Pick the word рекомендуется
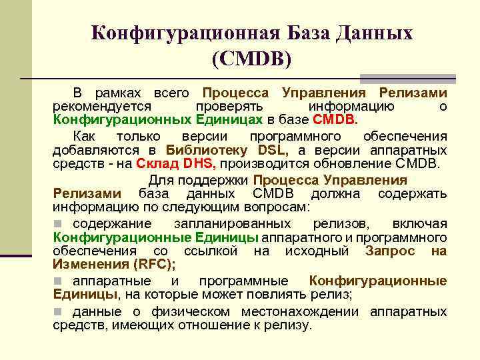click(x=103, y=107)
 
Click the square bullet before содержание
click(x=59, y=223)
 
